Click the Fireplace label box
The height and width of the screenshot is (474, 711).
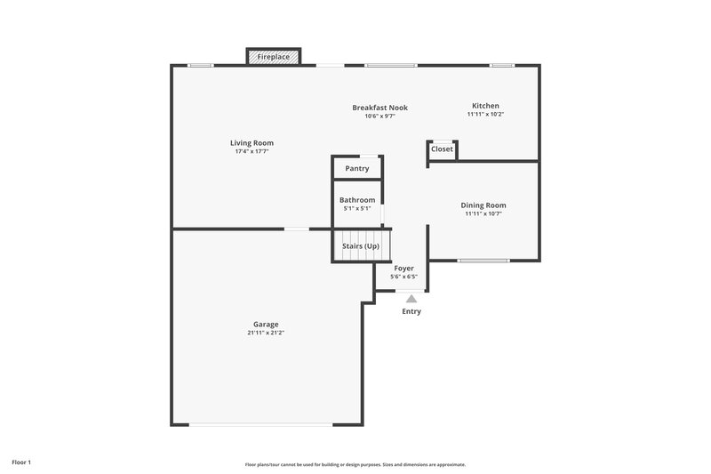coord(273,57)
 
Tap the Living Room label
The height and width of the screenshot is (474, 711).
coord(252,143)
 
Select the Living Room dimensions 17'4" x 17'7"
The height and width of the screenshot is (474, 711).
coord(252,152)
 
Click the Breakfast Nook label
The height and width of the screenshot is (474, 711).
coord(379,108)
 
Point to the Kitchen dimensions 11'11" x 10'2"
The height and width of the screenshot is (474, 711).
coord(485,115)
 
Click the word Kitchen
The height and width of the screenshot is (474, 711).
coord(485,106)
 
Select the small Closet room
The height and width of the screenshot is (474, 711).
coord(442,149)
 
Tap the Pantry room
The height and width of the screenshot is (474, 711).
coord(357,168)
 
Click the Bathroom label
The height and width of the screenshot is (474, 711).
coord(357,200)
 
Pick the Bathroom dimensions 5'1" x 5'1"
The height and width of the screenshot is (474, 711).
coord(357,209)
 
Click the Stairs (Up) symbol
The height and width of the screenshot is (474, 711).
coord(362,245)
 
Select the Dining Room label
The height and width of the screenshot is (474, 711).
coord(483,205)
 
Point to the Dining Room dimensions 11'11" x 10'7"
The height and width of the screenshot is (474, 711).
coord(483,214)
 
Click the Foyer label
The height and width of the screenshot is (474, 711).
coord(403,268)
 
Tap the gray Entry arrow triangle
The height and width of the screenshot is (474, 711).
coord(411,300)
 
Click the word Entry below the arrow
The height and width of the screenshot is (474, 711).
coord(411,311)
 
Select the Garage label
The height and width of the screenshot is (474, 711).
coord(266,325)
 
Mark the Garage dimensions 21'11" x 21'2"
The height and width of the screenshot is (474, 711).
coord(266,333)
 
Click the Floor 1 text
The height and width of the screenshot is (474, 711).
coord(22,462)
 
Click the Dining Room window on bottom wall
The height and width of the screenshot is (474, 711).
coord(483,261)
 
